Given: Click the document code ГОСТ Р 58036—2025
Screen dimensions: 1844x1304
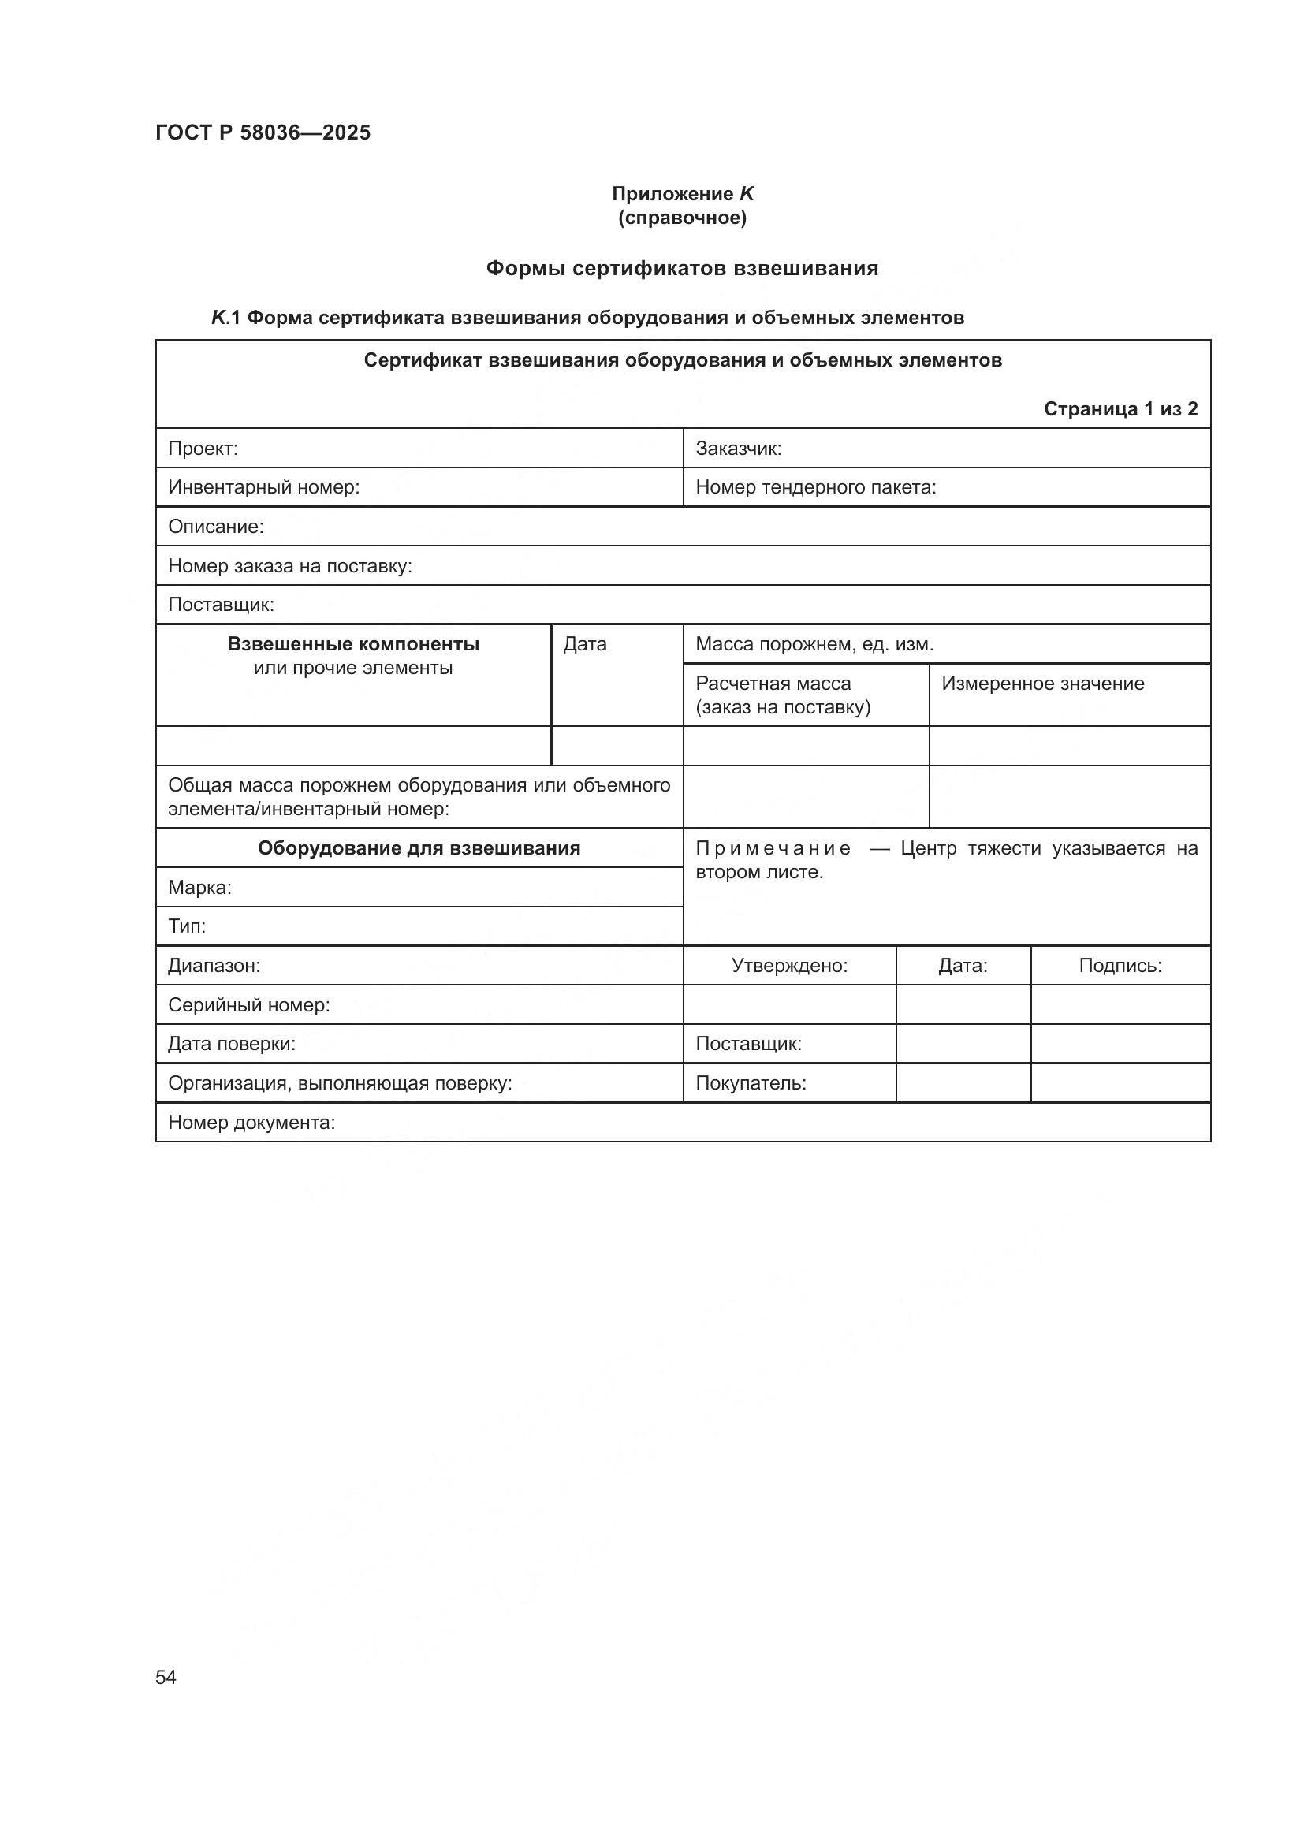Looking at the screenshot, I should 263,132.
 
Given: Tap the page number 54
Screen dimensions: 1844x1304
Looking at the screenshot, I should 166,1678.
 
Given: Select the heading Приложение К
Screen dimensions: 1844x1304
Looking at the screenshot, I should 682,194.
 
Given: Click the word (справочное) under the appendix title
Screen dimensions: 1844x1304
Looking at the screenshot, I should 682,218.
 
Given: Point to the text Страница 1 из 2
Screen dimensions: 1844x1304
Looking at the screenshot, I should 1120,409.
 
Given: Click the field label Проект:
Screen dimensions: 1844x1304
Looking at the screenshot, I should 203,448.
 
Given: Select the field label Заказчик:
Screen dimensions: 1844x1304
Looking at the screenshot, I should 738,448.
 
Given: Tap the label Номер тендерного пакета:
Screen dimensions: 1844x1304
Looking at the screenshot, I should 815,487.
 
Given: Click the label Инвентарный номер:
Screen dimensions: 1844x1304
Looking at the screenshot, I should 263,487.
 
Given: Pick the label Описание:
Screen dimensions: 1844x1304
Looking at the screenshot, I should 215,527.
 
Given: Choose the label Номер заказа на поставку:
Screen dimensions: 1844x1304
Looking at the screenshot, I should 289,566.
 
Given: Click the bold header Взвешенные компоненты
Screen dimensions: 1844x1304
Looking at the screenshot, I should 353,644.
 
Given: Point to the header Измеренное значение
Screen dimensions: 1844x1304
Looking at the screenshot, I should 1042,684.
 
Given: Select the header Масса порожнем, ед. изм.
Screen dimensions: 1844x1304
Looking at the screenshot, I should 814,644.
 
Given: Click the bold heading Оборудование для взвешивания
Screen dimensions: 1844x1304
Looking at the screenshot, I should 419,848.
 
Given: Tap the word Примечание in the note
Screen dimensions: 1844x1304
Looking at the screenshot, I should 773,848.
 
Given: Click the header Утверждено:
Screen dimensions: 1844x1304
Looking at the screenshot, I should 788,966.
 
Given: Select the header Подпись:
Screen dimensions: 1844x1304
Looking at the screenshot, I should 1120,966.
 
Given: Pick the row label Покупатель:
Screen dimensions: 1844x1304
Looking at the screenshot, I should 750,1082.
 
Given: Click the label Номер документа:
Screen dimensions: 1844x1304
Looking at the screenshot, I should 251,1122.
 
